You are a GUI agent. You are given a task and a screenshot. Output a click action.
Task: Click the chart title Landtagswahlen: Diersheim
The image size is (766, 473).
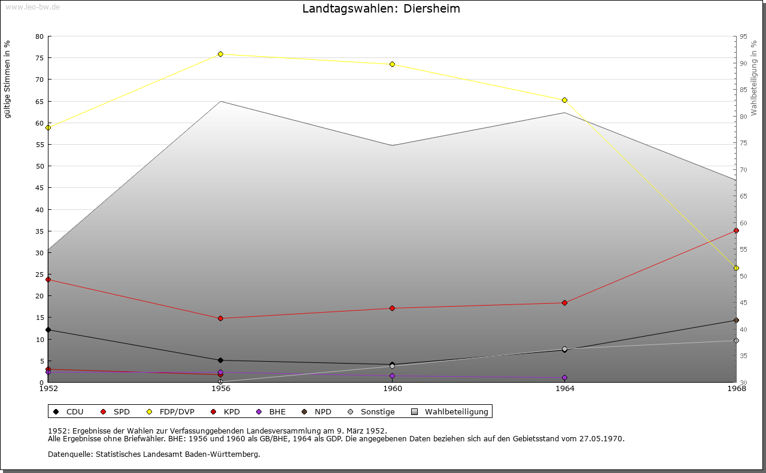pyautogui.click(x=381, y=9)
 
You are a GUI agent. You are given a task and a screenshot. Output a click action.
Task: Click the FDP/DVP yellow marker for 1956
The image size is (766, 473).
pyautogui.click(x=220, y=54)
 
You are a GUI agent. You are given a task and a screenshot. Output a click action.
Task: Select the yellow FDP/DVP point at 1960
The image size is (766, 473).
pyautogui.click(x=392, y=64)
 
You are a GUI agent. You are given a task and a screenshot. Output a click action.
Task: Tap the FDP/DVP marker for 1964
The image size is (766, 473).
pyautogui.click(x=564, y=100)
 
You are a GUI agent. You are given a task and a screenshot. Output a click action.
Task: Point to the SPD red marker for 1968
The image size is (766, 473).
pyautogui.click(x=736, y=230)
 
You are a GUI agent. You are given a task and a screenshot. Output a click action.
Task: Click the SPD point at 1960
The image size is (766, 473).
pyautogui.click(x=392, y=309)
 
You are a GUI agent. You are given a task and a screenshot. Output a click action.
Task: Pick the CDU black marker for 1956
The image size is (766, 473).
pyautogui.click(x=220, y=360)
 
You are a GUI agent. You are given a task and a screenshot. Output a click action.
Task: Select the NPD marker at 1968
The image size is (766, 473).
pyautogui.click(x=736, y=321)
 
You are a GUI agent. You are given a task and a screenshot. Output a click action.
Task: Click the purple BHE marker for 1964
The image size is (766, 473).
pyautogui.click(x=564, y=378)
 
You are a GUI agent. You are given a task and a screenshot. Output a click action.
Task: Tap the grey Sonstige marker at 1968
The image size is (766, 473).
pyautogui.click(x=736, y=341)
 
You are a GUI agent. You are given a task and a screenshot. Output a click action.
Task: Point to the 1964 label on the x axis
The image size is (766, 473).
pyautogui.click(x=564, y=389)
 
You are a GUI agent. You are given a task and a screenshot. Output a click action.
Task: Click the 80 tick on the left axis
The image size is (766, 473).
pyautogui.click(x=39, y=36)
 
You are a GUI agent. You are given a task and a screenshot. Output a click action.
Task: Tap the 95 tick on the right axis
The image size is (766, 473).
pyautogui.click(x=743, y=36)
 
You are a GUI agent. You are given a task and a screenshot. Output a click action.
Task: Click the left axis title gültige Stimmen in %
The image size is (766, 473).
pyautogui.click(x=8, y=80)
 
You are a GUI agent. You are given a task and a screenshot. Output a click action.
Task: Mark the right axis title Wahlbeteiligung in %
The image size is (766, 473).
pyautogui.click(x=754, y=78)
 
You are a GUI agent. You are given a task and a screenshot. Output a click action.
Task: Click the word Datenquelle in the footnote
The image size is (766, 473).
pyautogui.click(x=68, y=454)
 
